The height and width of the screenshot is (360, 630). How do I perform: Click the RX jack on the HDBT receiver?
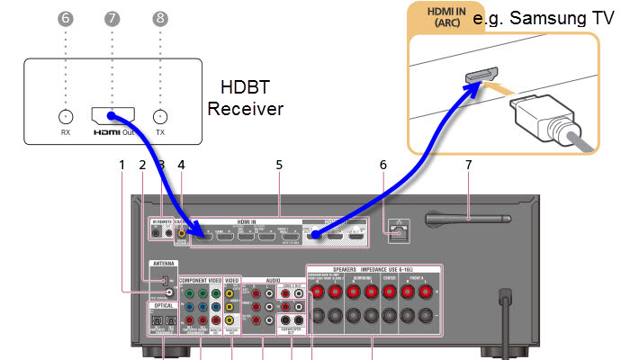[x=65, y=117]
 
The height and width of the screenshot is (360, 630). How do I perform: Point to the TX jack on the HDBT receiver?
[x=160, y=117]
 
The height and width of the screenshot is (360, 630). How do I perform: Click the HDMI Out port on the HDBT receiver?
[x=112, y=116]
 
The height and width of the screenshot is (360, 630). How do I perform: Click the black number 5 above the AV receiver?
[x=280, y=165]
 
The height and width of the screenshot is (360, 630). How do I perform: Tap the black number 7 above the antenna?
[x=468, y=165]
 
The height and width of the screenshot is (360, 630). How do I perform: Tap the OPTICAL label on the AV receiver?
[x=162, y=305]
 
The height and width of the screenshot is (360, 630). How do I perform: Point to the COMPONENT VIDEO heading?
[x=200, y=281]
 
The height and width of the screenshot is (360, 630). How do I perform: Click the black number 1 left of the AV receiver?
[x=121, y=165]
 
